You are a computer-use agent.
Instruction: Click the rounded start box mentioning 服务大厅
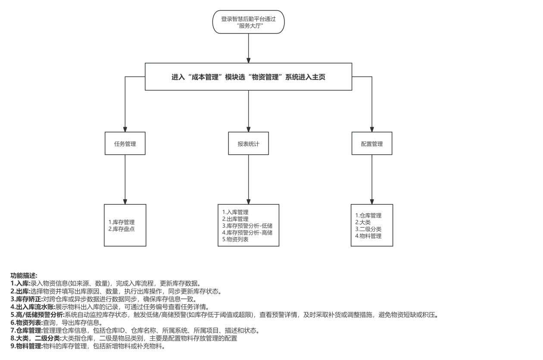[249, 22]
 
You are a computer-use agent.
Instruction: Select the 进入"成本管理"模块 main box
[249, 77]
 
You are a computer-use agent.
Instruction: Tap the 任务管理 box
[125, 144]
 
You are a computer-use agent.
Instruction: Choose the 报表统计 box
[249, 144]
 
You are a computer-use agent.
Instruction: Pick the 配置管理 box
[371, 144]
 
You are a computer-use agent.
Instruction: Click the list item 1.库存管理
[122, 222]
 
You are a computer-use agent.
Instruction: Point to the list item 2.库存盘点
[122, 229]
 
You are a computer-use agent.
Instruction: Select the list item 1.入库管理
[235, 212]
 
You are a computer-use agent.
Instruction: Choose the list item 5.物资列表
[235, 239]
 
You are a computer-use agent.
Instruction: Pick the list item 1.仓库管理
[368, 216]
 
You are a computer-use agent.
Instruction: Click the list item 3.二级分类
[368, 229]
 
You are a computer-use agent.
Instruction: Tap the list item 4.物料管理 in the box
[368, 236]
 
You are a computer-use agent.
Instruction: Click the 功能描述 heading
[24, 275]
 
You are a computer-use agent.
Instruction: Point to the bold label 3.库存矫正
[26, 299]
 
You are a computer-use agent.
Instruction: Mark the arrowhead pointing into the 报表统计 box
[249, 129]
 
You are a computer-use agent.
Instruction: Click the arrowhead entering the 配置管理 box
[371, 129]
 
